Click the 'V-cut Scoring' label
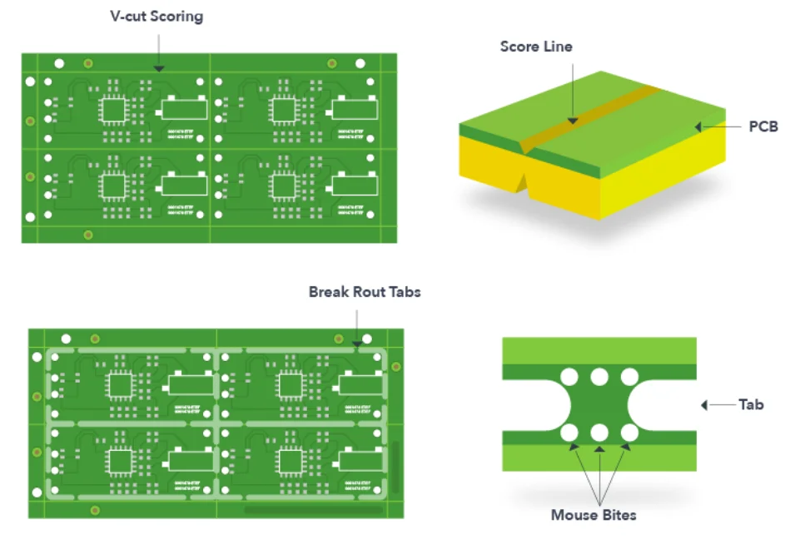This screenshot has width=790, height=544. pyautogui.click(x=157, y=17)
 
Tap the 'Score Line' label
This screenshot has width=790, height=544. pyautogui.click(x=536, y=47)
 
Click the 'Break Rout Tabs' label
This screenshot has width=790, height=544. pyautogui.click(x=365, y=292)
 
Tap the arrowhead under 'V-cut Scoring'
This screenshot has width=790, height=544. pyautogui.click(x=159, y=67)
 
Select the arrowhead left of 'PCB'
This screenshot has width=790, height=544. pyautogui.click(x=700, y=127)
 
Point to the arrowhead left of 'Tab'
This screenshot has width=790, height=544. pyautogui.click(x=704, y=405)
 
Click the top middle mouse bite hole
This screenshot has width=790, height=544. pyautogui.click(x=599, y=378)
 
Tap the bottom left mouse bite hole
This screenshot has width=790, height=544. pyautogui.click(x=569, y=433)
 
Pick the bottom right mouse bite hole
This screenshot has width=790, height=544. pyautogui.click(x=629, y=433)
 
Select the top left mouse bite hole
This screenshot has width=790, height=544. pyautogui.click(x=569, y=378)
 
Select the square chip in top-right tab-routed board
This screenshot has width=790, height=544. pyautogui.click(x=289, y=385)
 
